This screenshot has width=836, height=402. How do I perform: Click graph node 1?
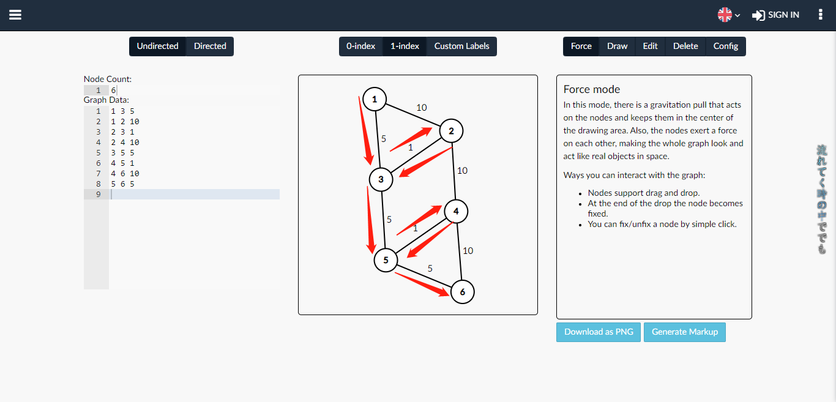375,99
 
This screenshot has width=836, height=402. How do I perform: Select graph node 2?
451,131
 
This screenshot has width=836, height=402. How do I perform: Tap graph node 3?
381,179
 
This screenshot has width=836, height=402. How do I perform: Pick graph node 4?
456,212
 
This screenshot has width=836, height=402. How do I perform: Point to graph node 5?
386,260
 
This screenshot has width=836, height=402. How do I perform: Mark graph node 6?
463,292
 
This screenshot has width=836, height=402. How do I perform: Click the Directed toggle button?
210,47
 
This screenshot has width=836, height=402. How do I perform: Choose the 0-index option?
360,47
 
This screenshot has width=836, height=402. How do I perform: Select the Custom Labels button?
461,47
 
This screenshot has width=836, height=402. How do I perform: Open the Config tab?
725,47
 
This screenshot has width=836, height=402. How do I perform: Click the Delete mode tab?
685,47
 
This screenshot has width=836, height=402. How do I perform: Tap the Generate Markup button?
684,332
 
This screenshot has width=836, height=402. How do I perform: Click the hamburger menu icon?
15,15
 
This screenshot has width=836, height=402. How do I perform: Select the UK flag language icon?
725,15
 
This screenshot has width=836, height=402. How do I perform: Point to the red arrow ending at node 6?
422,285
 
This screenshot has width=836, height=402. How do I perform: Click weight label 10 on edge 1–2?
421,108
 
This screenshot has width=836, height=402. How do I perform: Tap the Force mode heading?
592,89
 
